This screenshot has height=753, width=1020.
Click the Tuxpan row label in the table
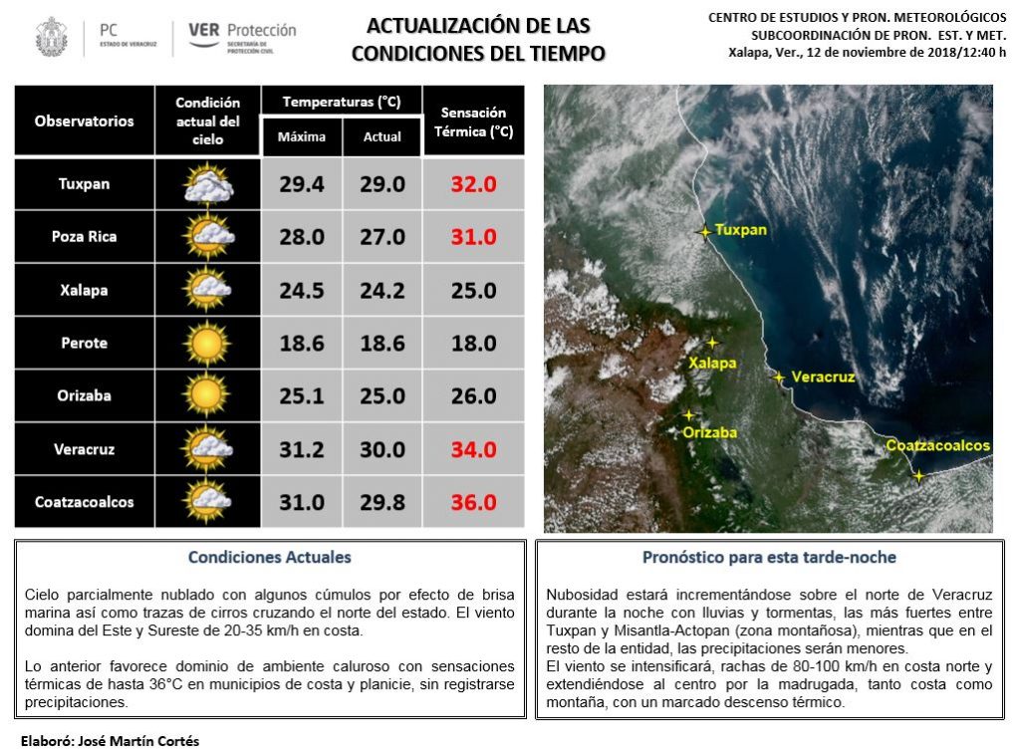pyautogui.click(x=84, y=184)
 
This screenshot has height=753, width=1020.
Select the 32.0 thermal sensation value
pyautogui.click(x=473, y=184)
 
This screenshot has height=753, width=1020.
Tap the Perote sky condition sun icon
pyautogui.click(x=207, y=344)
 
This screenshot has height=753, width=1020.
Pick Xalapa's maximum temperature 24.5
pyautogui.click(x=302, y=291)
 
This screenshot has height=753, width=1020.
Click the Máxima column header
pyautogui.click(x=302, y=136)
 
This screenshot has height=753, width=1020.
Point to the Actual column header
pyautogui.click(x=382, y=136)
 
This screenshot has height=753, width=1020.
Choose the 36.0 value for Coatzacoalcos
pyautogui.click(x=473, y=502)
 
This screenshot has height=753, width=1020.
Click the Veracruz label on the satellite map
pyautogui.click(x=823, y=377)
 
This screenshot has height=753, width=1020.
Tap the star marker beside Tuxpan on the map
pyautogui.click(x=705, y=232)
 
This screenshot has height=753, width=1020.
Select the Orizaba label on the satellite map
pyautogui.click(x=710, y=432)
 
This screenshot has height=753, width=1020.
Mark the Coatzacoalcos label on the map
pyautogui.click(x=937, y=445)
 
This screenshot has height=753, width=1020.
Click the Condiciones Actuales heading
pyautogui.click(x=270, y=558)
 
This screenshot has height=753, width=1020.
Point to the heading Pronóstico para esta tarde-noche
pyautogui.click(x=769, y=558)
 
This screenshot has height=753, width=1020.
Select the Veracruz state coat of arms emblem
pyautogui.click(x=51, y=37)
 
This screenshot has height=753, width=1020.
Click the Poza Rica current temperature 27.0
pyautogui.click(x=382, y=237)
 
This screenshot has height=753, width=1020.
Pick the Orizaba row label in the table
pyautogui.click(x=84, y=395)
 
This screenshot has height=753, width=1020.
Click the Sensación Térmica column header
pyautogui.click(x=473, y=122)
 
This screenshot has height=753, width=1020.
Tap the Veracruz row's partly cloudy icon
pyautogui.click(x=207, y=449)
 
